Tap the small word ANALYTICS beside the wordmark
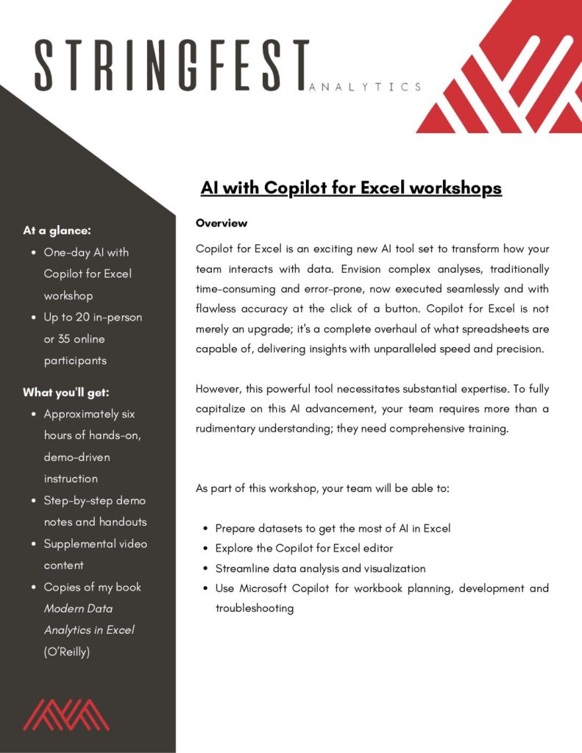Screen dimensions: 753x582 [x=366, y=87]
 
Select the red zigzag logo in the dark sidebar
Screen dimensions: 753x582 [x=66, y=714]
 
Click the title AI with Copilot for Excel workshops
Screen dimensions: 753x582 [x=351, y=188]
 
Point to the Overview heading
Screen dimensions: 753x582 [x=221, y=223]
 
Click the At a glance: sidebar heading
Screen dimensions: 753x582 [x=57, y=230]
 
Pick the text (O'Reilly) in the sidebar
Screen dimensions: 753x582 [x=67, y=652]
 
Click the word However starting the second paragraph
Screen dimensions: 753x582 [x=220, y=388]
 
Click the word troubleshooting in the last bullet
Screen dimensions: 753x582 [x=255, y=608]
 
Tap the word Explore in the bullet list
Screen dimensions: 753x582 [x=233, y=549]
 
